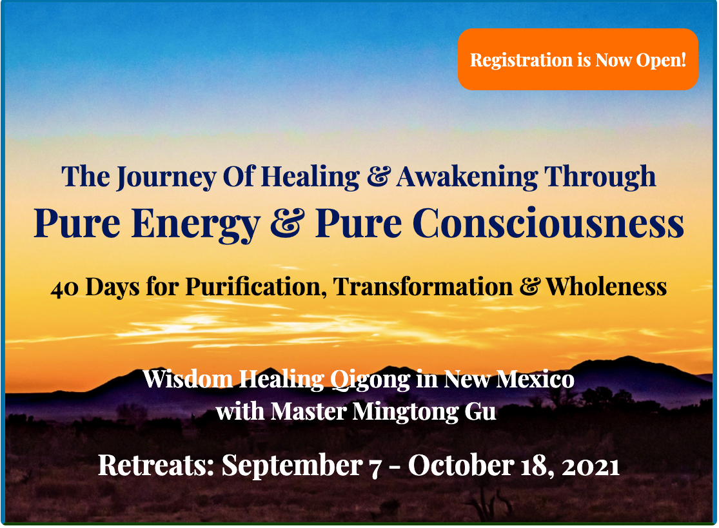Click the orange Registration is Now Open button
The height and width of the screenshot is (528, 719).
pos(578,59)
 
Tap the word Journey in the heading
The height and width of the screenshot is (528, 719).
pos(166,177)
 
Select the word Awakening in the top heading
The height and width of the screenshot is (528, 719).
pos(467,177)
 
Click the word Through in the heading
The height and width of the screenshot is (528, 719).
pos(600,177)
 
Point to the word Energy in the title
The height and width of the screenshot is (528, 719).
pos(196,225)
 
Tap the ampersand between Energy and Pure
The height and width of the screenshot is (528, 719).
pos(288,223)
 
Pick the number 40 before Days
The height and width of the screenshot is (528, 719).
pos(64,288)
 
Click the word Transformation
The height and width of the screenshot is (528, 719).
pos(423,287)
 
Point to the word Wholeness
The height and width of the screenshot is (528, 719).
pos(606,287)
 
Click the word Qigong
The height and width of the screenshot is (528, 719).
pos(371,380)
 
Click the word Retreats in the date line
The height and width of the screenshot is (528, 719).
pos(156,465)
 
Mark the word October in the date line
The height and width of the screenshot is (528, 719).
pos(461,465)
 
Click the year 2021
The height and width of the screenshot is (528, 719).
pos(591,467)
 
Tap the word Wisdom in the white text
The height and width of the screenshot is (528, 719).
pos(188,379)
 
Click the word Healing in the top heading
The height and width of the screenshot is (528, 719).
pos(310,177)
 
